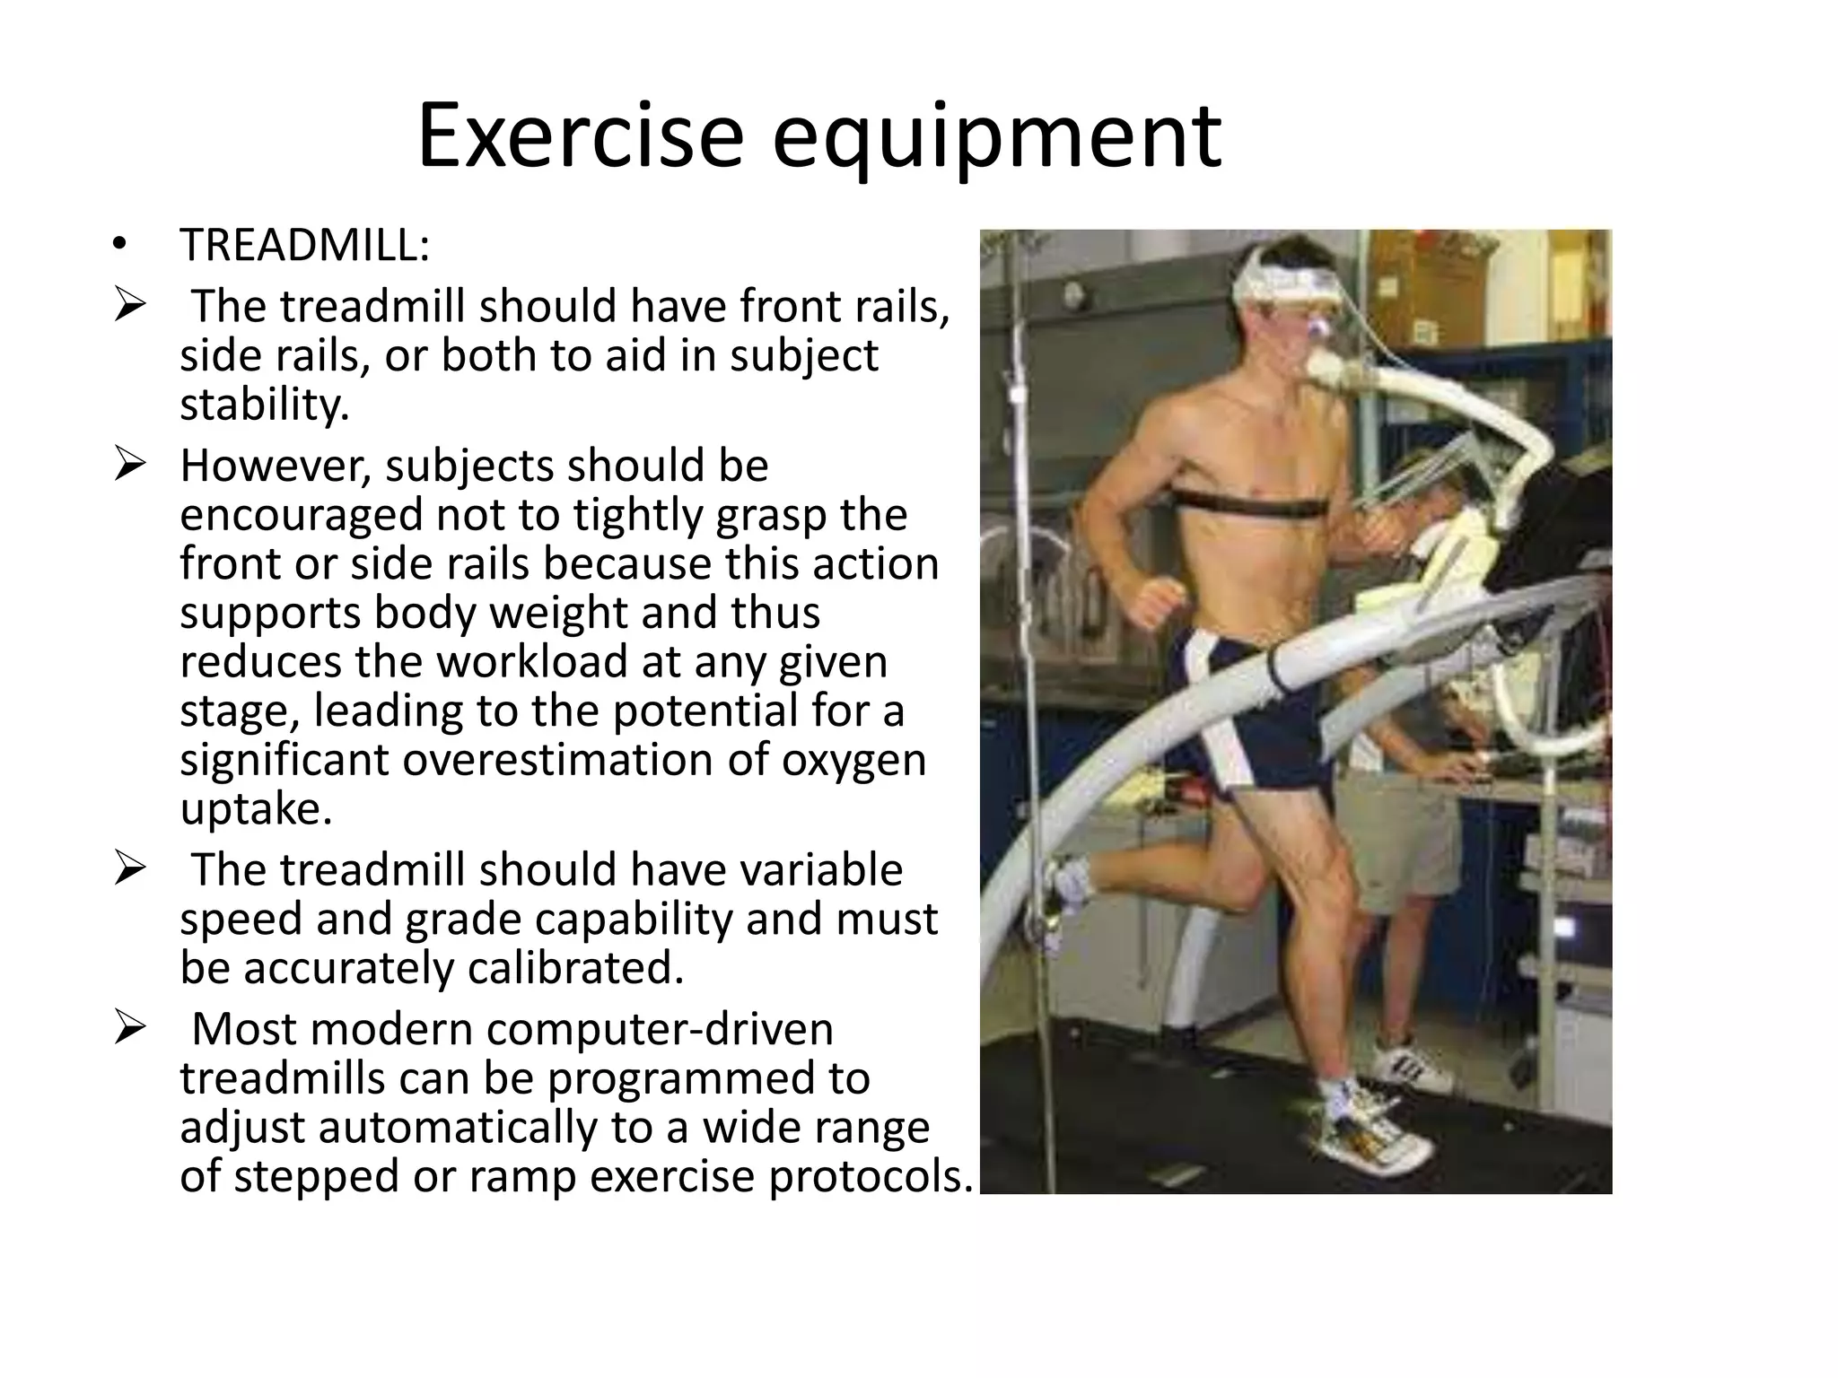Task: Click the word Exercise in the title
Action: click(580, 136)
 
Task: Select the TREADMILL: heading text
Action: click(304, 245)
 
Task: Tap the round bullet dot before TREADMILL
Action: click(119, 246)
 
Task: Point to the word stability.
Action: click(264, 405)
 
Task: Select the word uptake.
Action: click(256, 809)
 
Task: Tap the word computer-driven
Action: click(660, 1029)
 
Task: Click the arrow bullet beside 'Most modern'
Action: click(129, 1029)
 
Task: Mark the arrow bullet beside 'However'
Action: click(129, 467)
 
